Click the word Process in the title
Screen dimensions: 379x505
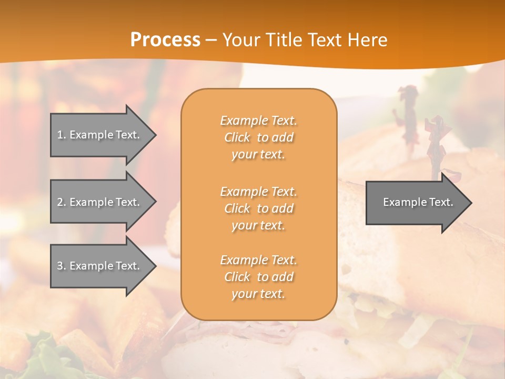(x=165, y=39)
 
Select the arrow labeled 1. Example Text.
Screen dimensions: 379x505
(x=100, y=135)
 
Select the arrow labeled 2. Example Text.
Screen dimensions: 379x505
(x=100, y=202)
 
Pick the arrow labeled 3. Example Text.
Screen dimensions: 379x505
(x=100, y=266)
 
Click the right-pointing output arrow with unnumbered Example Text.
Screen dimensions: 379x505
(x=416, y=202)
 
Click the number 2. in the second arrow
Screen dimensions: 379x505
(x=62, y=202)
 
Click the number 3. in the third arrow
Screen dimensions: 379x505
(x=62, y=266)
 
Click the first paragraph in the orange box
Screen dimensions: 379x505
(x=258, y=137)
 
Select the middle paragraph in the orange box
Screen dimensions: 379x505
(x=258, y=208)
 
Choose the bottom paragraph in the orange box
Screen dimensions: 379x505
(x=258, y=277)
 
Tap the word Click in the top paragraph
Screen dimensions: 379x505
(x=237, y=137)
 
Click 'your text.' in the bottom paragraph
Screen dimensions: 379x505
(x=258, y=294)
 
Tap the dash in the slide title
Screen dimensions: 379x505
(x=211, y=40)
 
